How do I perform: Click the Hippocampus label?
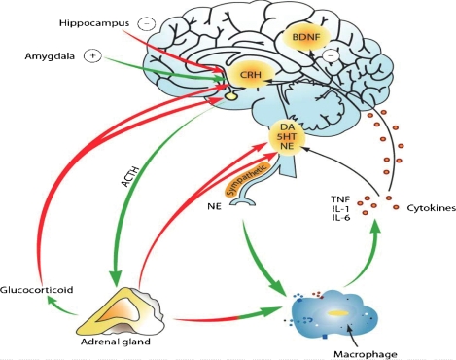[94, 23]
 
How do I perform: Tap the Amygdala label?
[50, 56]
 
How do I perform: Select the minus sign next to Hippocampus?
[147, 24]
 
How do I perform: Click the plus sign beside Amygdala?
[92, 56]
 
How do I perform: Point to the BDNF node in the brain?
[306, 37]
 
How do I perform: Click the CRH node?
[250, 75]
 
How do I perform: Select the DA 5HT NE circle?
[287, 137]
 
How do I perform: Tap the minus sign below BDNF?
[331, 55]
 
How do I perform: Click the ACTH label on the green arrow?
[130, 177]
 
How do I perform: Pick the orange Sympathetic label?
[248, 179]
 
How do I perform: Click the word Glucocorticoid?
[36, 290]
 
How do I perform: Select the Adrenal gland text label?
[116, 342]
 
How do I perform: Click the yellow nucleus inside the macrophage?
[338, 313]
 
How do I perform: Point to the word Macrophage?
[366, 354]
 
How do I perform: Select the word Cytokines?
[431, 208]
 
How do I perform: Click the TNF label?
[340, 198]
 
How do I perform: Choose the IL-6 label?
[340, 218]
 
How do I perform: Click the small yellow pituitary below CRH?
[230, 96]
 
